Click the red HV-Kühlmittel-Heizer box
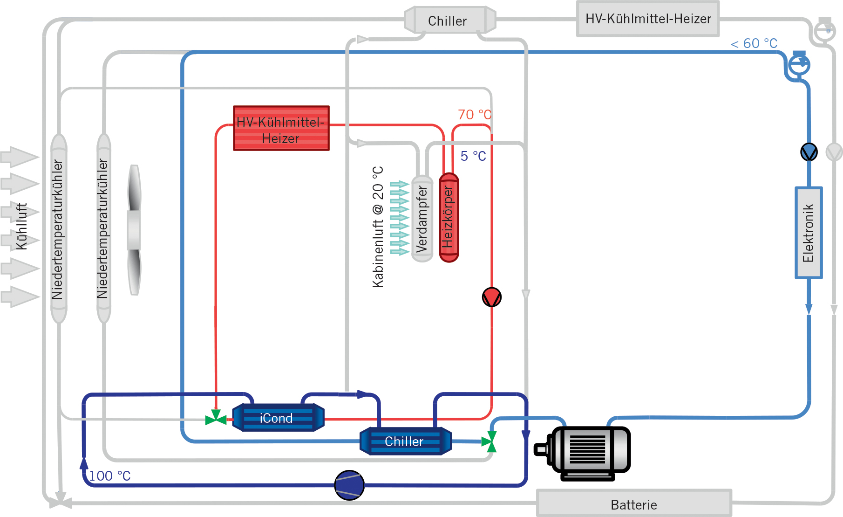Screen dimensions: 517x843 coord(281,128)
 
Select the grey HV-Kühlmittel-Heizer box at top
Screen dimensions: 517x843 coord(648,19)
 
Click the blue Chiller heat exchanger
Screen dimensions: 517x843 coord(405,441)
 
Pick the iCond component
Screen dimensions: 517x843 coord(278,418)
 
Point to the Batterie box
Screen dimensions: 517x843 coord(634,504)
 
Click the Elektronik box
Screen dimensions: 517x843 coord(808,233)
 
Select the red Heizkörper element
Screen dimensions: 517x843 coord(449,217)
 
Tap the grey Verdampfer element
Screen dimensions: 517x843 coord(422,218)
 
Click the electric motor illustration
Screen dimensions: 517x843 coord(585,452)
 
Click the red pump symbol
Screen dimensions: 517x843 coord(491,297)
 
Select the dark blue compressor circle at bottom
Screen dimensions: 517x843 coord(349,485)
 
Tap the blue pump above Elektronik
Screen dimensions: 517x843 coord(809,152)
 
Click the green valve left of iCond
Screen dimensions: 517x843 coord(216,418)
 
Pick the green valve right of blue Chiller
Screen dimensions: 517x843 coord(489,441)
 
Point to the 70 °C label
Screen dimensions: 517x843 coord(474,115)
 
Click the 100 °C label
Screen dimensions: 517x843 coord(109,476)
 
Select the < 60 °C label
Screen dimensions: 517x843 coord(754,43)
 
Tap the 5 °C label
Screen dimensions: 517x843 coord(473,156)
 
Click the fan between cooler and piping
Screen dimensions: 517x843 coord(134,230)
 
